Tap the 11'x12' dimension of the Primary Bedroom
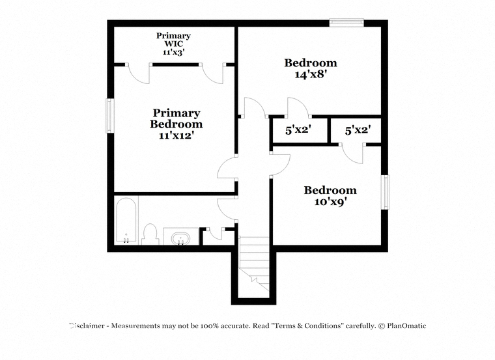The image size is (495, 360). pos(176,135)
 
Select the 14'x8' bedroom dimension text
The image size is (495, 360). pos(310,74)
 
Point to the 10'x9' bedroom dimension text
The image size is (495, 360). pos(330,202)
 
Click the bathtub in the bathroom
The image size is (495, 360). pos(126,220)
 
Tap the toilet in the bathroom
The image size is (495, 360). pos(150,234)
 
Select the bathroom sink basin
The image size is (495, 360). pos(180,238)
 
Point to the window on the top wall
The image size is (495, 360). pos(346,23)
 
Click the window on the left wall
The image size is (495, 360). pos(109,115)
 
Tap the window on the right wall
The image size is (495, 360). pos(385,192)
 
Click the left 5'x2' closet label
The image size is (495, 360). pos(298,130)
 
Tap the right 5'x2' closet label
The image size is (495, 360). pos(358,130)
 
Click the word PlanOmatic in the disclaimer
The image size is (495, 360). pos(406,326)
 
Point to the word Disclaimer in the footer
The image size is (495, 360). pos(87,326)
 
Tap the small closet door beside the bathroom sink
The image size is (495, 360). pos(215,234)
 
